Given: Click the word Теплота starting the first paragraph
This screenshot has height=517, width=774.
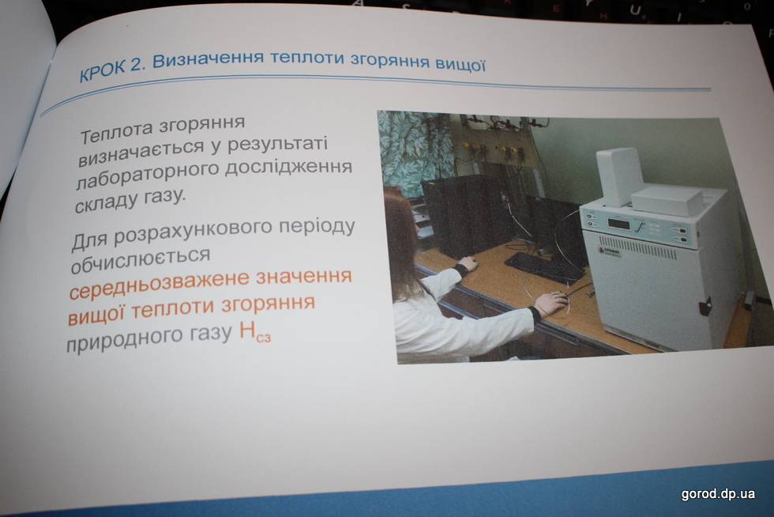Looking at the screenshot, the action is [x=117, y=131].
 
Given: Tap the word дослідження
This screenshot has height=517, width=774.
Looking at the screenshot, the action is [x=289, y=167].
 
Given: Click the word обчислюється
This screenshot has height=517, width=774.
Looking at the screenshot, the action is [x=141, y=260].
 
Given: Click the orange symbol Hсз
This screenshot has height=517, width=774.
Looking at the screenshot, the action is [x=254, y=333].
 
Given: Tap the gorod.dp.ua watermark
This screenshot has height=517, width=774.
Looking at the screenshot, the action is [x=718, y=494].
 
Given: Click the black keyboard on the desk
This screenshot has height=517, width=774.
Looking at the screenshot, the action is [x=544, y=267].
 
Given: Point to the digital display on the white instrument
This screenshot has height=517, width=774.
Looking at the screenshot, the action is [x=618, y=224].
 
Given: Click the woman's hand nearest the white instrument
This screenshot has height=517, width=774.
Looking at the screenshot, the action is [x=552, y=304].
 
